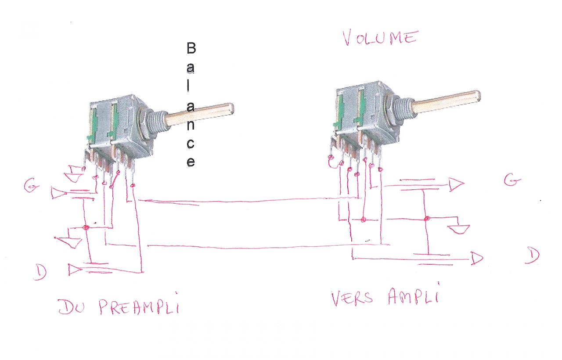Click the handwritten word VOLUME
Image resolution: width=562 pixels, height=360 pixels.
coord(379,38)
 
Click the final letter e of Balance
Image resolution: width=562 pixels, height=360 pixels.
coord(191,162)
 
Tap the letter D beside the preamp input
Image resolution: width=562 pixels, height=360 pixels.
coord(40,273)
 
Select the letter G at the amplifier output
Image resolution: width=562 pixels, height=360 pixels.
coord(512,180)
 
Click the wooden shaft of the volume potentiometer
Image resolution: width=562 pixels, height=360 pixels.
coord(446,100)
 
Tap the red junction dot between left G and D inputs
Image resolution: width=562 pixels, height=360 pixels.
coord(86,227)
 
